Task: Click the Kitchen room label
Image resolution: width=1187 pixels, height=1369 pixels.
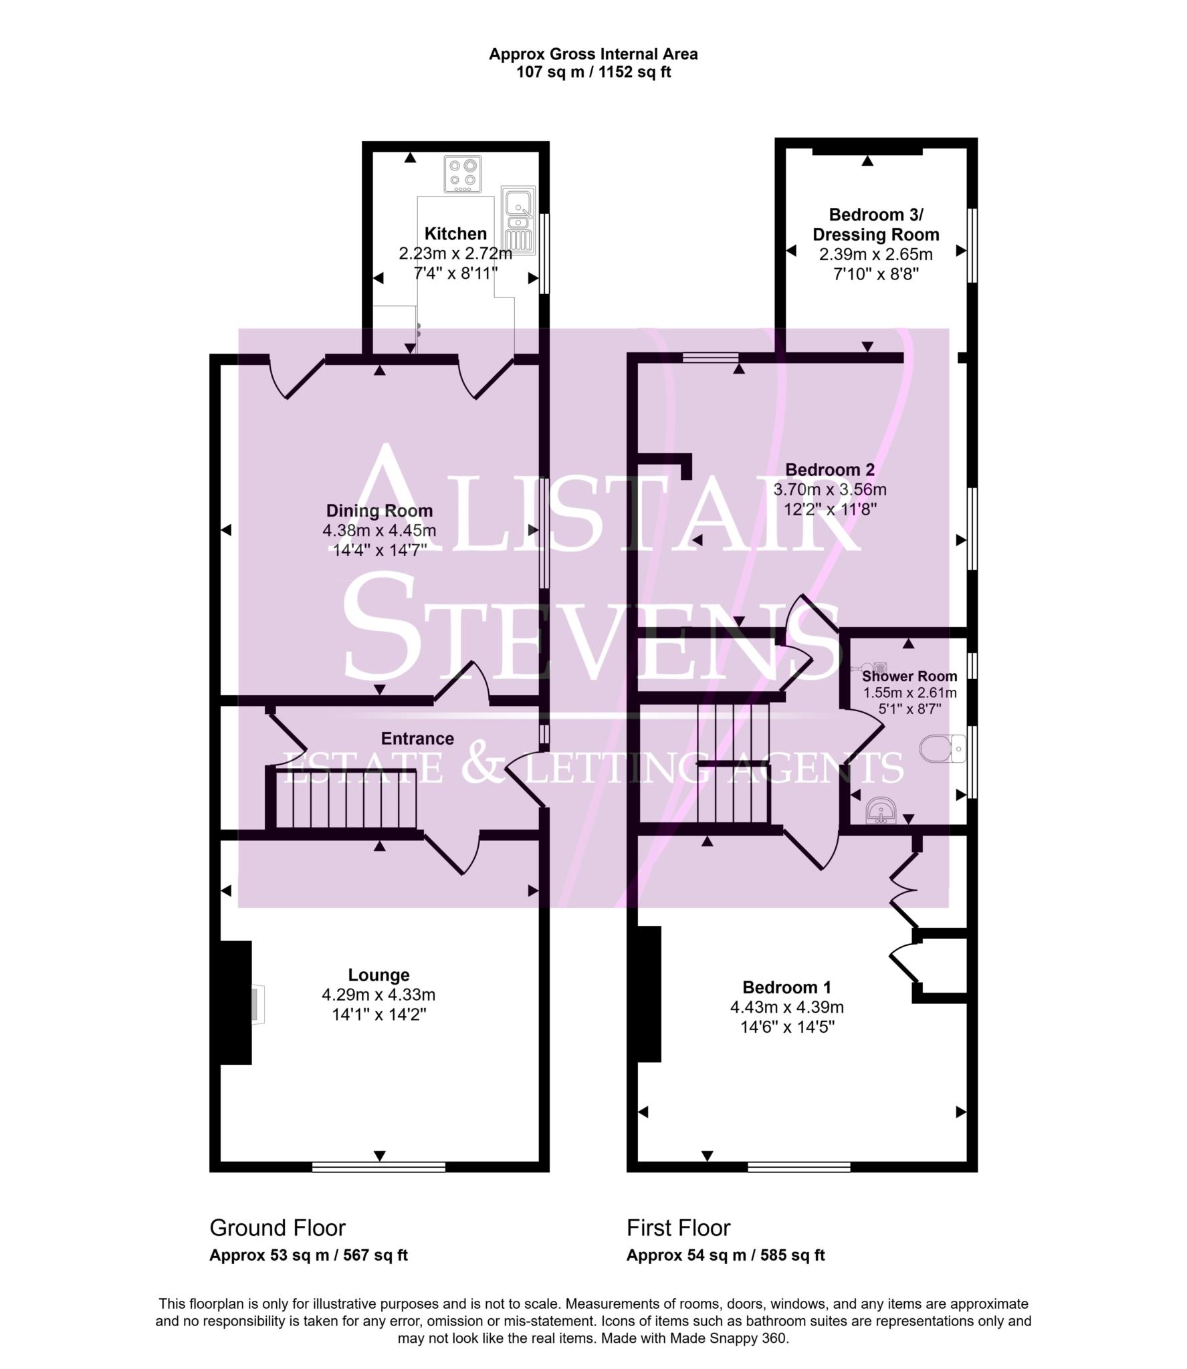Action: point(455,234)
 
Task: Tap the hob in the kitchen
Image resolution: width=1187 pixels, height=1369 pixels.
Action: point(463,173)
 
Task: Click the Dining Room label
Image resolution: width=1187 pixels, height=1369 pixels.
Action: point(379,511)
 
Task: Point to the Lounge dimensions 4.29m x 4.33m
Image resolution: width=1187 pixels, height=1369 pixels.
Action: point(379,995)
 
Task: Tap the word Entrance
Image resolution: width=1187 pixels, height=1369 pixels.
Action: point(417,739)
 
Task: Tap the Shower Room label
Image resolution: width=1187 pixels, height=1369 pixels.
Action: point(909,676)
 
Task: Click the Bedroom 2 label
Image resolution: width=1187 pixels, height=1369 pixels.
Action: point(829,470)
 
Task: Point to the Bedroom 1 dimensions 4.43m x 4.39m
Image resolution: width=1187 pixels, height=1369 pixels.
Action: point(786,1007)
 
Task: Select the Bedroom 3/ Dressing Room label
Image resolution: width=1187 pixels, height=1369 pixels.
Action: point(875,225)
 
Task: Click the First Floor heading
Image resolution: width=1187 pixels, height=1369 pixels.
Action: point(678,1228)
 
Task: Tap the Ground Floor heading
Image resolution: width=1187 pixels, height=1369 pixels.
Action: point(278,1228)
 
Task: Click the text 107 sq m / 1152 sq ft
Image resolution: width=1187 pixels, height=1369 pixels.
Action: point(593,72)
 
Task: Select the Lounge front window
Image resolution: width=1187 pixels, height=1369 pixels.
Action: point(379,1167)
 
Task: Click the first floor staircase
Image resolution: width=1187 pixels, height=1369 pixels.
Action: point(734,762)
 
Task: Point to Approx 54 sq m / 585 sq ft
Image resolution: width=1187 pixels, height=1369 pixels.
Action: point(726,1255)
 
